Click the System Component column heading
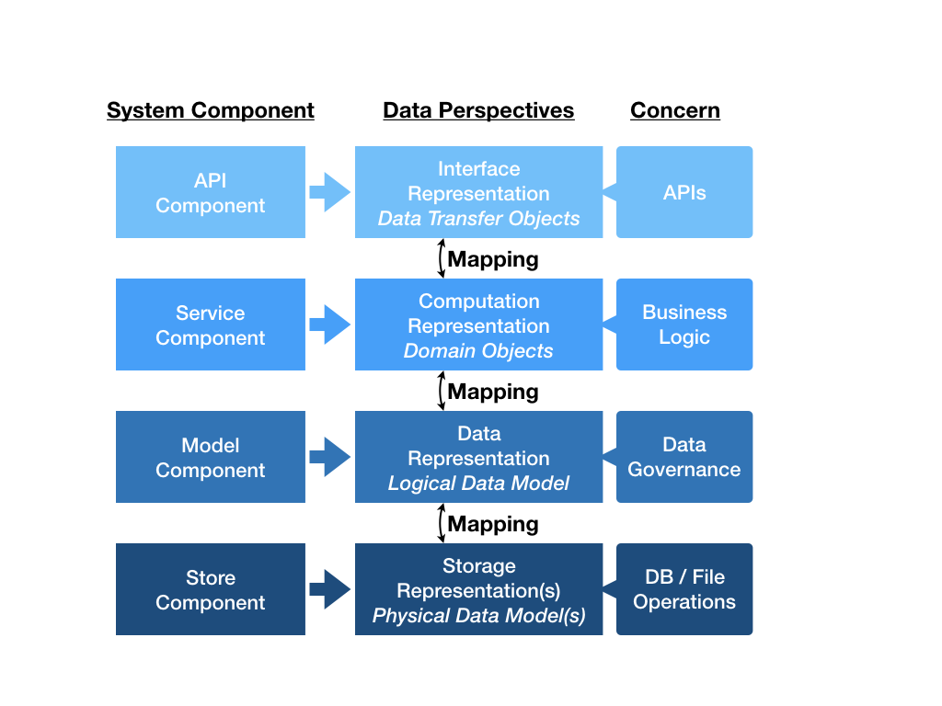click(x=210, y=111)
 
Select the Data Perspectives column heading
click(x=478, y=111)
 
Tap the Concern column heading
click(x=674, y=111)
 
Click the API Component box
click(x=210, y=192)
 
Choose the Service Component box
click(x=210, y=325)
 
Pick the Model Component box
click(x=210, y=457)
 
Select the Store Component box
click(x=210, y=589)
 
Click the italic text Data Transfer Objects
click(x=478, y=219)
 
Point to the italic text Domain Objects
click(x=478, y=351)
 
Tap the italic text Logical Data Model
click(x=478, y=484)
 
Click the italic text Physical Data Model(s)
click(x=478, y=616)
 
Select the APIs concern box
click(x=684, y=192)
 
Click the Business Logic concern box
click(x=684, y=325)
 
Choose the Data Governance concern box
click(x=684, y=457)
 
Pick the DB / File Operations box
click(x=684, y=589)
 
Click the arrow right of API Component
click(x=329, y=192)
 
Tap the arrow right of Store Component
click(x=329, y=589)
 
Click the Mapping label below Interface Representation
click(x=493, y=259)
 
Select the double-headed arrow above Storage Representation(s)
click(x=441, y=523)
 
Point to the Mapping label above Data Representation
click(x=493, y=392)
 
